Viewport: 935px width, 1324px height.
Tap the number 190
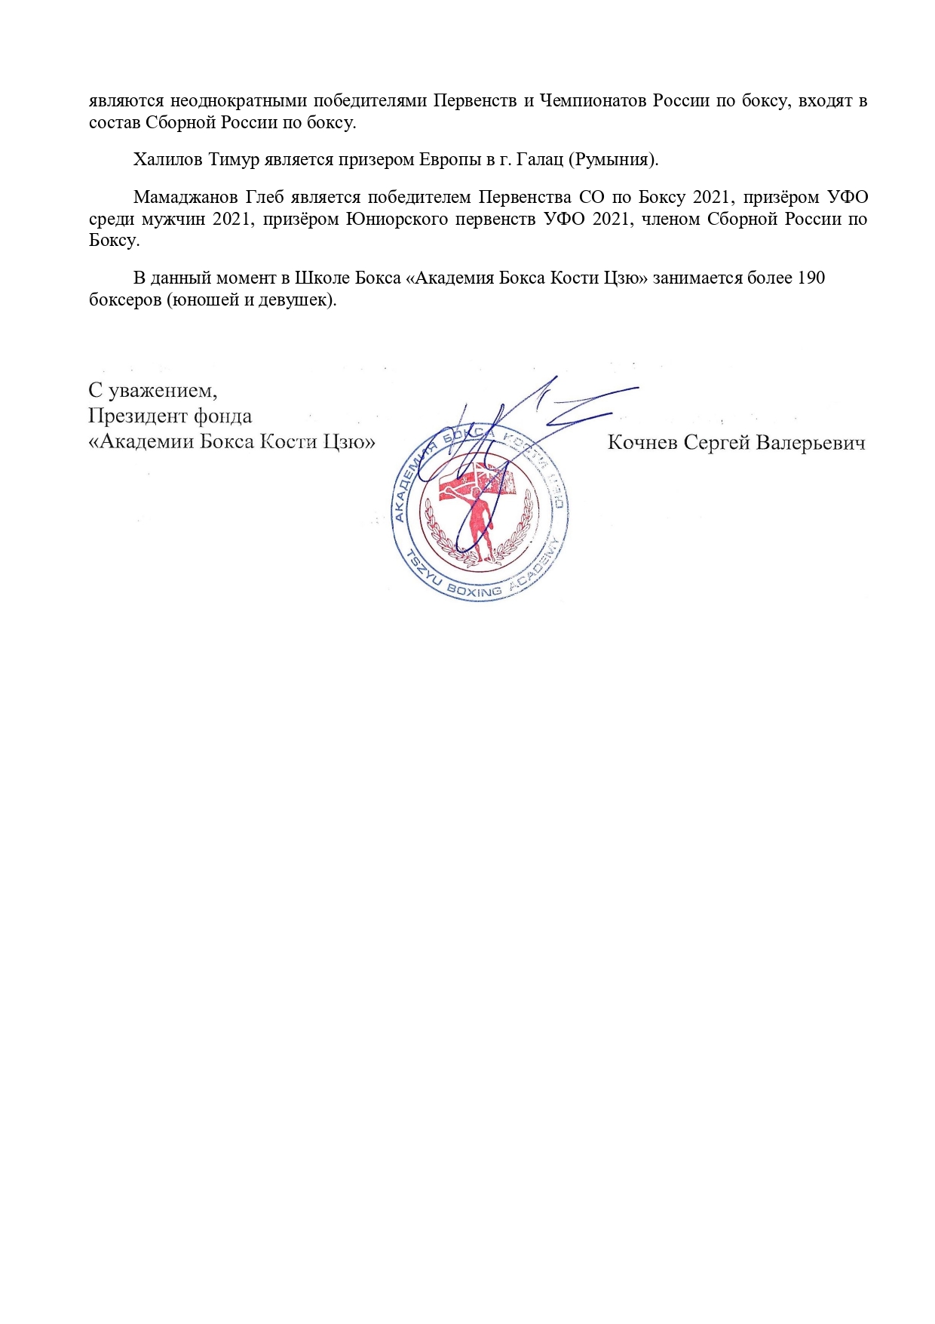(x=810, y=278)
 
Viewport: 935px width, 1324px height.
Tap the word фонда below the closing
(x=222, y=416)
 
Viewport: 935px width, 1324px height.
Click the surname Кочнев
(x=642, y=442)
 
